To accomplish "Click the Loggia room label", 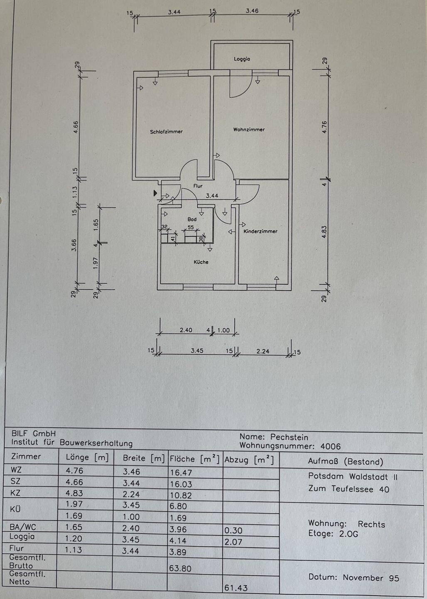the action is coord(242,59).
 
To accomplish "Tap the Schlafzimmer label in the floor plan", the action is coord(166,132).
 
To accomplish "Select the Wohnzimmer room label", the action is coord(249,130).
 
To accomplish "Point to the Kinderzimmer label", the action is coord(260,231).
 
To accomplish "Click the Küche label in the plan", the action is coord(201,262).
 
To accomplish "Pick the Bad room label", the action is coord(192,219).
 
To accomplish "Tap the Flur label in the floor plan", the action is coord(198,186).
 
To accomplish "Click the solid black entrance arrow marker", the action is coord(155,193).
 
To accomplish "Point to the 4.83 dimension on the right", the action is coord(325,232).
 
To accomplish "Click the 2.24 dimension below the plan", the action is coord(263,351).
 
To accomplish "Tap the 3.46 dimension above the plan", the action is coord(252,11).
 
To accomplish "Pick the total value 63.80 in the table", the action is coord(180,568).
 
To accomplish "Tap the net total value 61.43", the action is coord(236,588).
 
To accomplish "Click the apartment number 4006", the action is coord(330,447).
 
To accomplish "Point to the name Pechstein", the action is coord(289,437).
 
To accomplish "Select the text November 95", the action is coord(371,578).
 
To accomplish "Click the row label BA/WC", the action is coord(23,527).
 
